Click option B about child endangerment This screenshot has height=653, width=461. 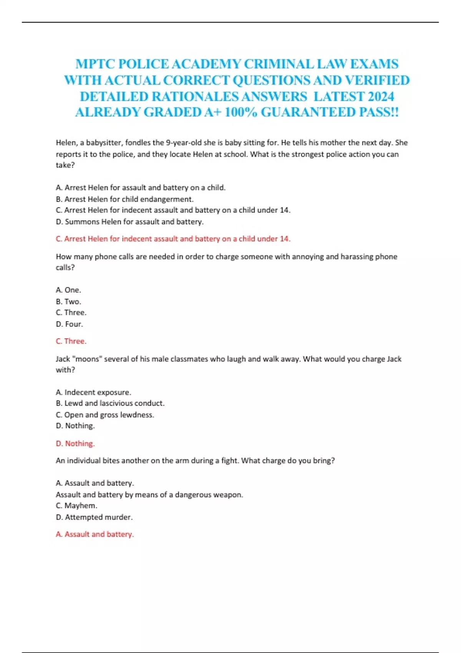(124, 199)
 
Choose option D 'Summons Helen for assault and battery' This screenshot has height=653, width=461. (129, 222)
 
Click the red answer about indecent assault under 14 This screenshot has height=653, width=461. (173, 239)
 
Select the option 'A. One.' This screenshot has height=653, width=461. (68, 290)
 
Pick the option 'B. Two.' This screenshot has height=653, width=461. (68, 302)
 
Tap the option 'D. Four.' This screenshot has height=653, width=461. (69, 324)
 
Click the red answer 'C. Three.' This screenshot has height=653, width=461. (71, 341)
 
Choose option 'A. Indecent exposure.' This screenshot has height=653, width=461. (93, 392)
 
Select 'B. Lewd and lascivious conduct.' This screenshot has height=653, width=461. (110, 403)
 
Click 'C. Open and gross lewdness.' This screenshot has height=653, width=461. (104, 415)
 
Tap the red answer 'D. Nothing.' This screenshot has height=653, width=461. (75, 444)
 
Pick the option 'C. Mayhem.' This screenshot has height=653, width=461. (76, 505)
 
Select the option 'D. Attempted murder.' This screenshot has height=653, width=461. (94, 517)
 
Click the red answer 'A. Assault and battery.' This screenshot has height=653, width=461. (95, 534)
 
